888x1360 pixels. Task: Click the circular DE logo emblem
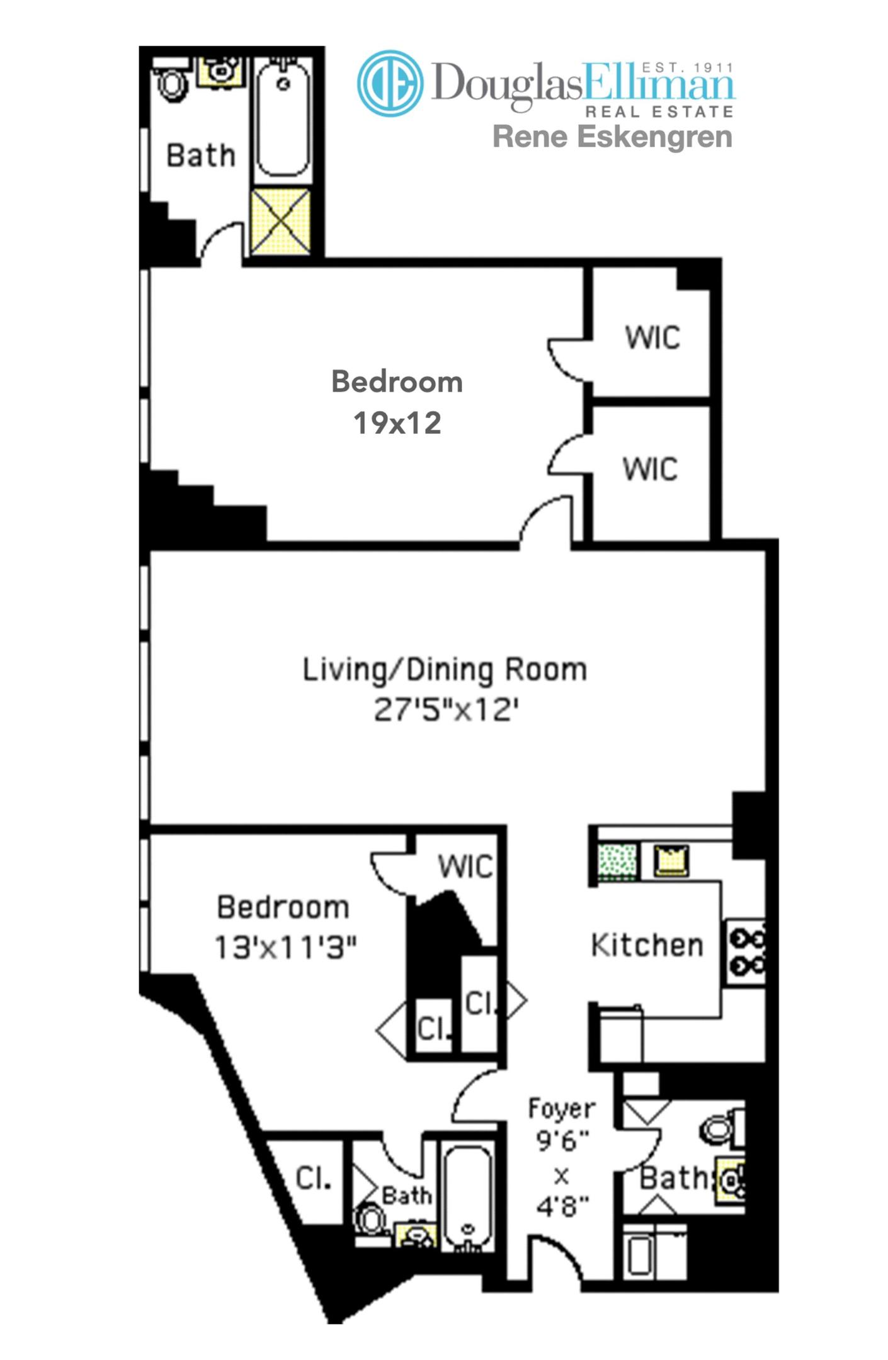coord(390,84)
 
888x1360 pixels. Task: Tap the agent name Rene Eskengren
coord(612,137)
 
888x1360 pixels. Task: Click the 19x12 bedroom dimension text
coord(397,423)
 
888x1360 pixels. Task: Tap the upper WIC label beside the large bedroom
coord(652,337)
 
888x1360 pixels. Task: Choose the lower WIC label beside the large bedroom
coord(650,469)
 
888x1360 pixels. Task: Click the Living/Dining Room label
coord(445,669)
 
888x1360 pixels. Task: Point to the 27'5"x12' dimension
coord(446,710)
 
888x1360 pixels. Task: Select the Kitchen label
coord(647,945)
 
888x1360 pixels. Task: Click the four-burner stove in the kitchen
coord(747,952)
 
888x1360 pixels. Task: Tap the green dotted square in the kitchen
coord(617,861)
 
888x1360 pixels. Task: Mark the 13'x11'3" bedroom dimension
coord(285,947)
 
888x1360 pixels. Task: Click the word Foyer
coord(561,1108)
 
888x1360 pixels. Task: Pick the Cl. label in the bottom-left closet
coord(313,1178)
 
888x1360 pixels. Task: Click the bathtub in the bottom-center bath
coord(467,1198)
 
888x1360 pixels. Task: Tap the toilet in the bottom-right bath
coord(717,1130)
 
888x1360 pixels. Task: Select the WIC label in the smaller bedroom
coord(465,866)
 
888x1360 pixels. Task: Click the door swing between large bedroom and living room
coord(545,523)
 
